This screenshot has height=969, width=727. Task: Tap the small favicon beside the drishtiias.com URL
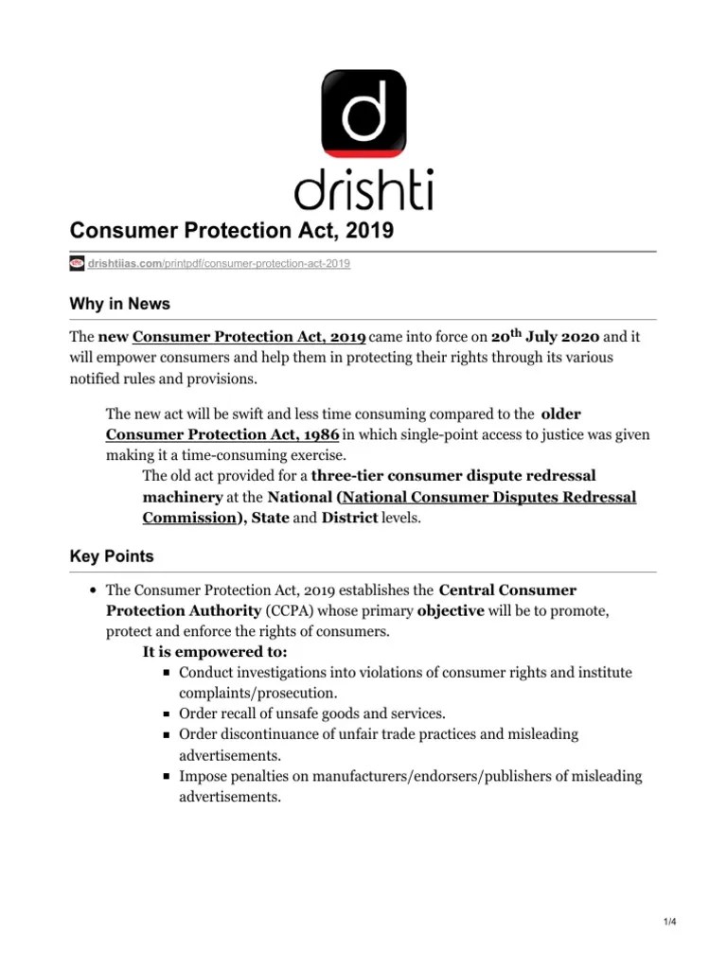[x=77, y=263]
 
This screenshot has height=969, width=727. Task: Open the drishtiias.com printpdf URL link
[x=219, y=263]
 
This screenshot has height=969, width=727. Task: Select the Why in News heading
[x=120, y=304]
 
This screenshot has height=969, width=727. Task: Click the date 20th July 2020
[x=545, y=336]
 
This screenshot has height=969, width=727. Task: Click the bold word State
[x=270, y=518]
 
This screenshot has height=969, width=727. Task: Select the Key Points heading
[x=112, y=557]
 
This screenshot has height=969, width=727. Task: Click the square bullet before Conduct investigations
[x=166, y=673]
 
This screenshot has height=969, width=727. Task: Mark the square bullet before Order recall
[x=166, y=714]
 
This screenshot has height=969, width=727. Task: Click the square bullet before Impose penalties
[x=166, y=777]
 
